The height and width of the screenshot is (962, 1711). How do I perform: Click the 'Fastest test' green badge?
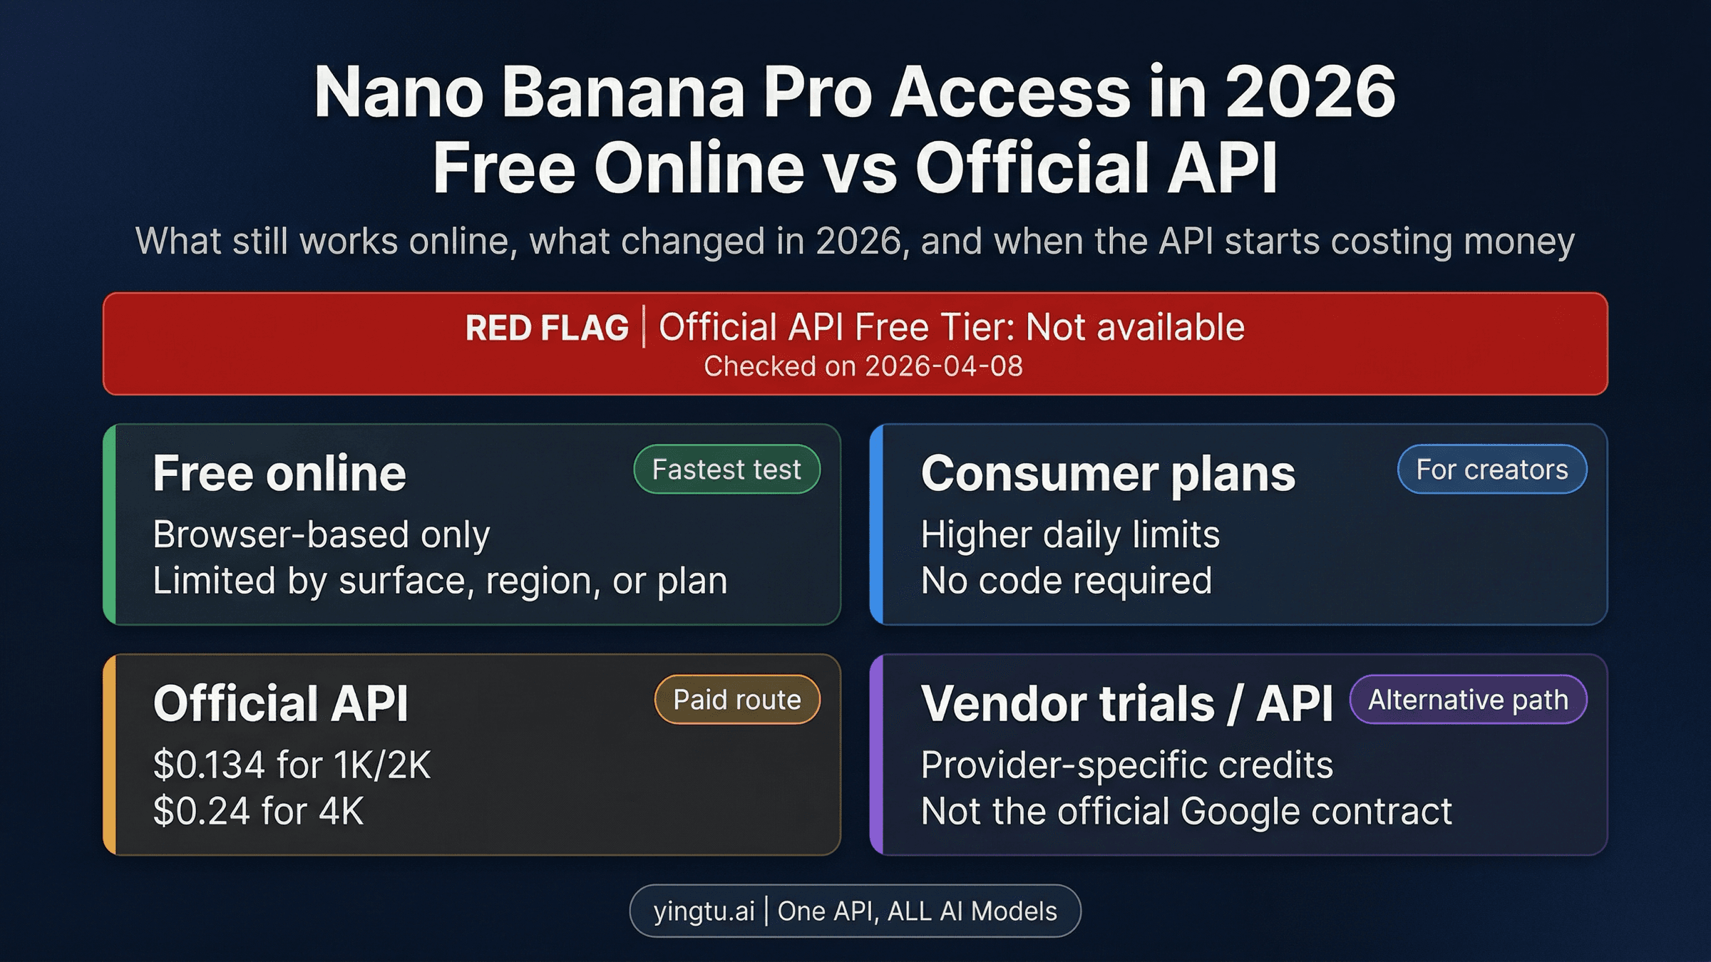pyautogui.click(x=726, y=470)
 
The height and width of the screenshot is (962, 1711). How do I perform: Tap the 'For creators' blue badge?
pyautogui.click(x=1491, y=470)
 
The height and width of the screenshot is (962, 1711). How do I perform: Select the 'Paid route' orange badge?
pyautogui.click(x=737, y=700)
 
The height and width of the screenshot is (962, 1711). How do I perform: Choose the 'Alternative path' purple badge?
pyautogui.click(x=1468, y=700)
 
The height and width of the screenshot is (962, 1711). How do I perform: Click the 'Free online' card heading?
pyautogui.click(x=279, y=474)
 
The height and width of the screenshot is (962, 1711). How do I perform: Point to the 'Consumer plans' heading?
pyautogui.click(x=1108, y=474)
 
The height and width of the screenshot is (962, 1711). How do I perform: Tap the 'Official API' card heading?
pyautogui.click(x=281, y=704)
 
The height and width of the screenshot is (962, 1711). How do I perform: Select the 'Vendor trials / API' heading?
pyautogui.click(x=1126, y=704)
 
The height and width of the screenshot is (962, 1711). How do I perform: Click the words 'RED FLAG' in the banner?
pyautogui.click(x=547, y=329)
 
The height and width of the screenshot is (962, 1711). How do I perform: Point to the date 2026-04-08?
pyautogui.click(x=943, y=366)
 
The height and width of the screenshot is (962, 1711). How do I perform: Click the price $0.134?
pyautogui.click(x=210, y=765)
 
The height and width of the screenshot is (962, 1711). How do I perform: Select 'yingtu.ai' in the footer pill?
pyautogui.click(x=704, y=911)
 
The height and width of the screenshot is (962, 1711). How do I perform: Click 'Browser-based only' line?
pyautogui.click(x=322, y=534)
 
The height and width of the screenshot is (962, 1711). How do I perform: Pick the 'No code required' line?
pyautogui.click(x=1066, y=581)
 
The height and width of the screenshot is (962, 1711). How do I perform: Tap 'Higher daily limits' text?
pyautogui.click(x=1070, y=534)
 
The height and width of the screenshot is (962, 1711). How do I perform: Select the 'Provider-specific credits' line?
pyautogui.click(x=1126, y=765)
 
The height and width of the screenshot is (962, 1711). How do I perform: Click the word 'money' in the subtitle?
pyautogui.click(x=1519, y=242)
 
